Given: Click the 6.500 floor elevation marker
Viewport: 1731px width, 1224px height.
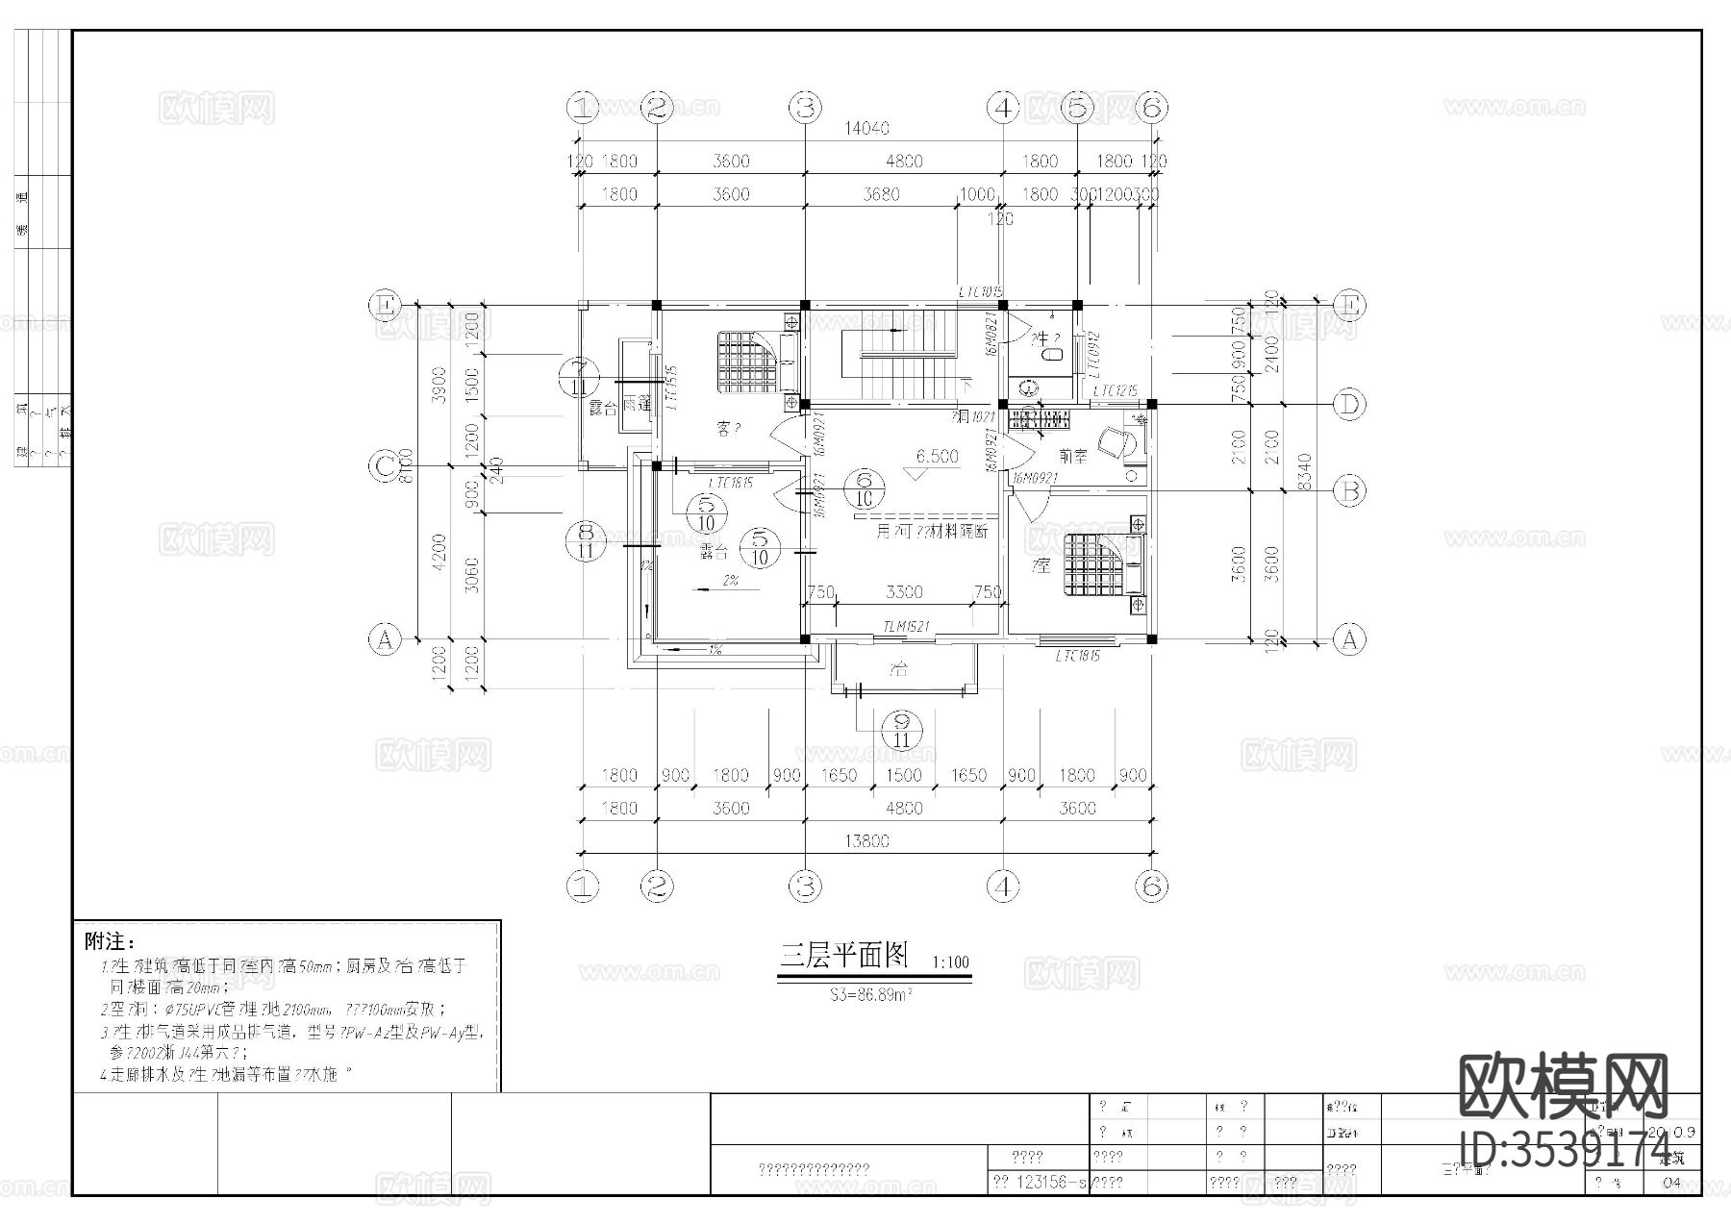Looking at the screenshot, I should click(x=936, y=457).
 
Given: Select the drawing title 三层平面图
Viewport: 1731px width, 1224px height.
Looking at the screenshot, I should click(x=844, y=955).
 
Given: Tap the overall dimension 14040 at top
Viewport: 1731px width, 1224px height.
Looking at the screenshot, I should click(x=866, y=128).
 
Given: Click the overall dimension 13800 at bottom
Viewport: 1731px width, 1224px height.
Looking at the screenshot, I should click(x=866, y=840).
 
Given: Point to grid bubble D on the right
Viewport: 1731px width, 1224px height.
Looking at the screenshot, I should click(x=1349, y=406).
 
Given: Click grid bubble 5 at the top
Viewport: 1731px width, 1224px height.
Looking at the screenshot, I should click(x=1077, y=108).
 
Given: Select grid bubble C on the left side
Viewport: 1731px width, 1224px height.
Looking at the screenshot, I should click(x=385, y=467).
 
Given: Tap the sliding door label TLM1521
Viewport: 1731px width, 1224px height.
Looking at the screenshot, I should click(x=905, y=627).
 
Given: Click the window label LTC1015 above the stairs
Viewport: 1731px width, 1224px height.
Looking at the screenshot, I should click(x=980, y=291).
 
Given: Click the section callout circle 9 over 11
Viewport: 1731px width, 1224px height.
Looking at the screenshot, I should click(x=902, y=731).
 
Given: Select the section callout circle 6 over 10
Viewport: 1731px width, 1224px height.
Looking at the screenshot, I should click(x=864, y=487).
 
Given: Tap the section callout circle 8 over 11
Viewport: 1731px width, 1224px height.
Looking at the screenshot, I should click(x=586, y=540).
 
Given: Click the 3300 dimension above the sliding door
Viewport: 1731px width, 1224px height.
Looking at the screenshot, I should click(x=904, y=592).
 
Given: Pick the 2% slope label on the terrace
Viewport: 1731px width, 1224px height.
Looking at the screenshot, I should click(x=730, y=581).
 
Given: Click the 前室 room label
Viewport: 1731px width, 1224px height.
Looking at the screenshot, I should click(x=1073, y=457).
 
